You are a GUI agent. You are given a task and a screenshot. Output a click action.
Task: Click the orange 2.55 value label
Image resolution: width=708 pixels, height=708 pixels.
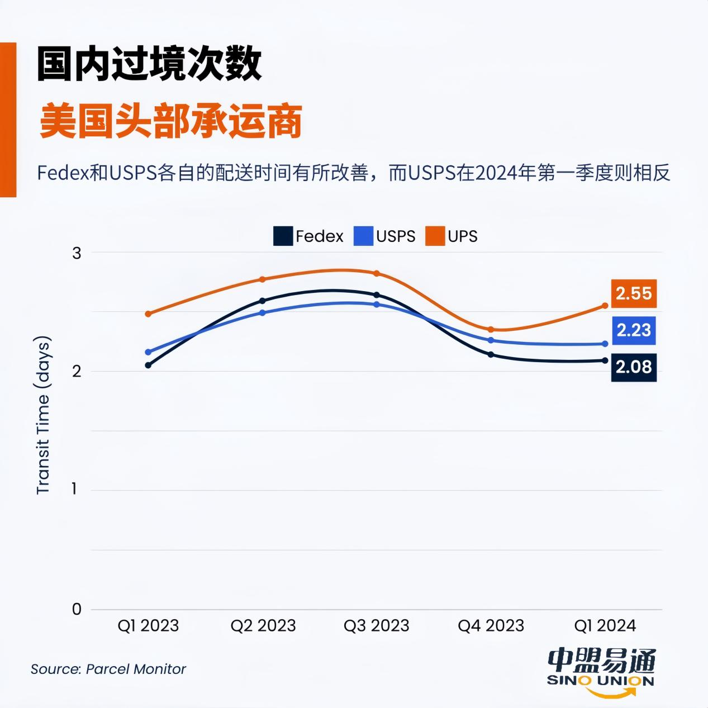633,293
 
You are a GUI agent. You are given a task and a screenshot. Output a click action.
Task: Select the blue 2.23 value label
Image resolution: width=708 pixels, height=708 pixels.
633,330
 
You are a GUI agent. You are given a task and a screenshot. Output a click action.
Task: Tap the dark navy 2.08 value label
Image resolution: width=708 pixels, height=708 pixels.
633,367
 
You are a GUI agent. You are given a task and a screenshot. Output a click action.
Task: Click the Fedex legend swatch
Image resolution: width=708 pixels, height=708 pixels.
283,236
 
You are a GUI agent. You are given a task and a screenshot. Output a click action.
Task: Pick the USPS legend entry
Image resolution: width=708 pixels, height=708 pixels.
385,236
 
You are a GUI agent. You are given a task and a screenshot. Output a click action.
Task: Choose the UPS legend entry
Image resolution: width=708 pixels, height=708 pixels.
452,236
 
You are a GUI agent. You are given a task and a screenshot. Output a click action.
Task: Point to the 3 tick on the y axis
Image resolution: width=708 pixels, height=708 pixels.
77,253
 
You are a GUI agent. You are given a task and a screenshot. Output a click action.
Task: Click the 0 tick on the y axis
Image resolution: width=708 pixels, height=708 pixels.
77,609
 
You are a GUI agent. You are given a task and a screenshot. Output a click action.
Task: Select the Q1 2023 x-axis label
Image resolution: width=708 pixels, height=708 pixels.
148,625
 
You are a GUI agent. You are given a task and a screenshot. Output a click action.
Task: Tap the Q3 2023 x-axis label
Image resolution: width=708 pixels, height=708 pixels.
376,625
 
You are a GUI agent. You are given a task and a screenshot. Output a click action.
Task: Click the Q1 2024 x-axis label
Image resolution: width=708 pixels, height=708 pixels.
605,625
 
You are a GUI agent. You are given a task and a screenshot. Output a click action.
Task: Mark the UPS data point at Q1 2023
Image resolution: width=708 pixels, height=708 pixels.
148,314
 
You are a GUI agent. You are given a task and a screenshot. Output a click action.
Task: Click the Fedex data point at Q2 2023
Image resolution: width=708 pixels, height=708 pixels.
263,301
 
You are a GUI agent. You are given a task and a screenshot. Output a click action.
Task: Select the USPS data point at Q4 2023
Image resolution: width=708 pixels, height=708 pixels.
491,340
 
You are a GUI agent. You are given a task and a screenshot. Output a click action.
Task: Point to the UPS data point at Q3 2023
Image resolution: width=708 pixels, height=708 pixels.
377,273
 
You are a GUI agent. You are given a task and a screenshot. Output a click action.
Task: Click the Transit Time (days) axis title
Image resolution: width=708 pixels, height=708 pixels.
43,415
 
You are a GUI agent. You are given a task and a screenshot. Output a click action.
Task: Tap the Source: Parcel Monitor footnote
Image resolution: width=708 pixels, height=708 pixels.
108,669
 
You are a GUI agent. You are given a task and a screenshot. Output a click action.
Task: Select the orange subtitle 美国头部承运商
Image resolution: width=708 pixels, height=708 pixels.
171,121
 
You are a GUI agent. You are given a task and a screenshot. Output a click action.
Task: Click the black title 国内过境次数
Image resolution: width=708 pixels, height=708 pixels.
149,65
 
